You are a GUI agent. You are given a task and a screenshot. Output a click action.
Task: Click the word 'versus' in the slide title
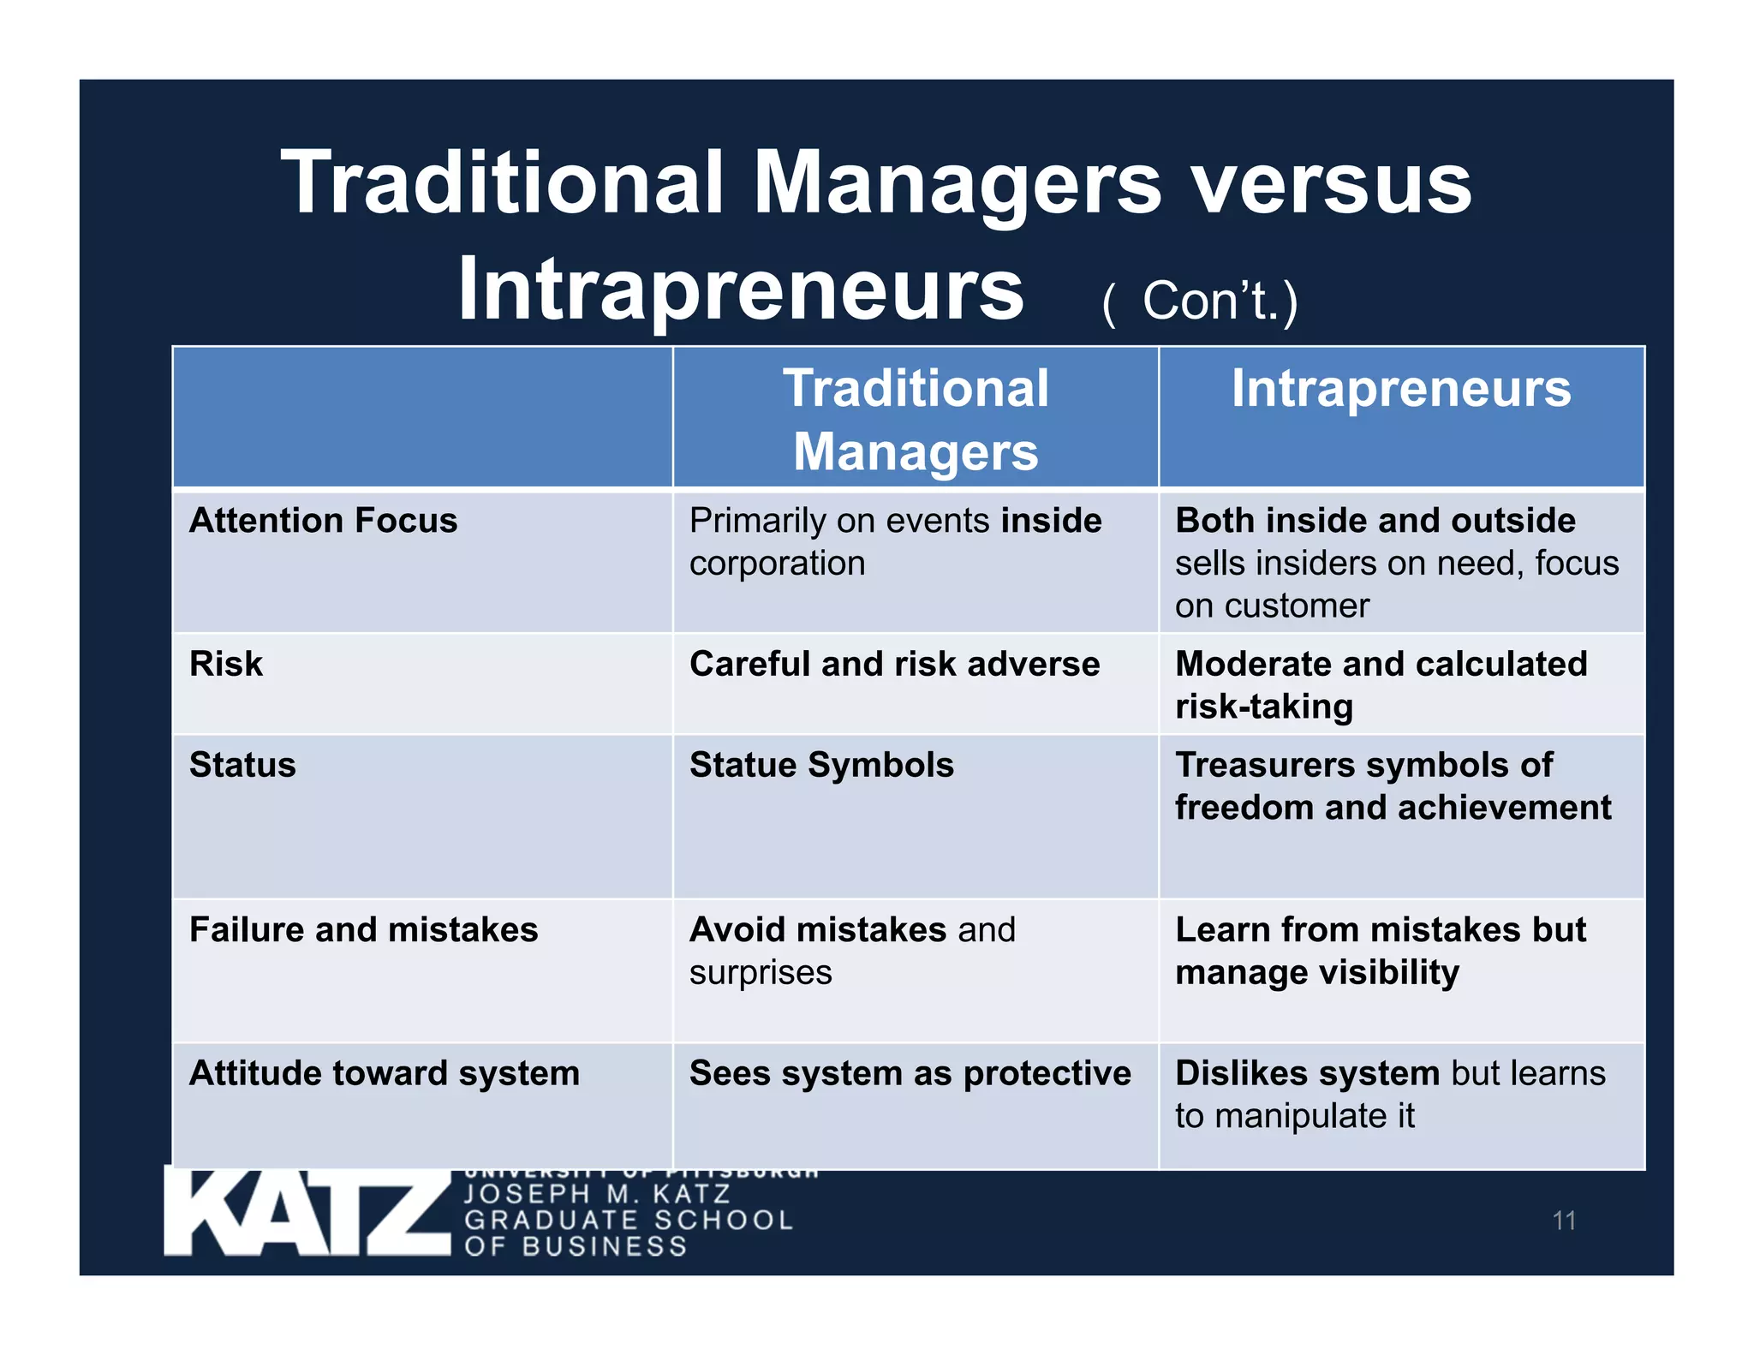click(1332, 184)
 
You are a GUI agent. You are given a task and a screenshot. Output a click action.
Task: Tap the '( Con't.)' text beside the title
click(1200, 301)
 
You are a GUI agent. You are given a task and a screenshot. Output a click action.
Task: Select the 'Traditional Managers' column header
click(915, 419)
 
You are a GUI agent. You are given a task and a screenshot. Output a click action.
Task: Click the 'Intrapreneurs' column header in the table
click(1401, 389)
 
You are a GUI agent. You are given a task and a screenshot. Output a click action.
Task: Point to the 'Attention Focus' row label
click(323, 521)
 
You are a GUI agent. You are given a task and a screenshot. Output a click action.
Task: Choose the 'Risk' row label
click(226, 664)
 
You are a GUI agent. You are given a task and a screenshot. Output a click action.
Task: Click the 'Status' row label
click(242, 765)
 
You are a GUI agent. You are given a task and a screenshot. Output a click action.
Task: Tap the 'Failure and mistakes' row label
click(363, 929)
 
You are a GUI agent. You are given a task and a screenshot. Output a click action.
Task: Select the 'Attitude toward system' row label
click(384, 1073)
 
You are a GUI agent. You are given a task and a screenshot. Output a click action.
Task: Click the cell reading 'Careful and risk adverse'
click(894, 664)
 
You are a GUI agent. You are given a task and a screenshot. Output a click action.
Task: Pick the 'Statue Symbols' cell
click(821, 765)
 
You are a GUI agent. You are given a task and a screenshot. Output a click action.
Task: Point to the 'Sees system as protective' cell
click(910, 1073)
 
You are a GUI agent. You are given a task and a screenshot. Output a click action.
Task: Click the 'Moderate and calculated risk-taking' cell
click(1381, 684)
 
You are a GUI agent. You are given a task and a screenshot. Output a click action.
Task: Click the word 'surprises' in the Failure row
click(761, 973)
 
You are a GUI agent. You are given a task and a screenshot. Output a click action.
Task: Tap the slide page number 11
click(1564, 1221)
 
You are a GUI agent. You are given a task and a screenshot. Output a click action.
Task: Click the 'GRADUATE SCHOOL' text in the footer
click(629, 1220)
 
